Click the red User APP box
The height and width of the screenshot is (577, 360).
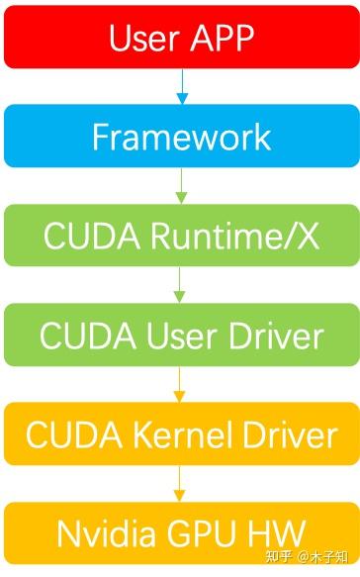(x=180, y=37)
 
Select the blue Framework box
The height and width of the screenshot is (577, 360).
(x=180, y=136)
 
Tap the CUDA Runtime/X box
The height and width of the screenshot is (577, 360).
(x=180, y=236)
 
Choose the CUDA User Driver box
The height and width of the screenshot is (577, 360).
(x=180, y=336)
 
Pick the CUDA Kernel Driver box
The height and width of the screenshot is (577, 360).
(x=180, y=433)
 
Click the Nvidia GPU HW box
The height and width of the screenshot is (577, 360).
(x=180, y=533)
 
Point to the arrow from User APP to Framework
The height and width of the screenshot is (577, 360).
(x=181, y=86)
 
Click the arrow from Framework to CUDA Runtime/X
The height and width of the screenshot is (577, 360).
(x=181, y=185)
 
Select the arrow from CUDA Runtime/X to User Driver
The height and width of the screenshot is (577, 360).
(x=181, y=285)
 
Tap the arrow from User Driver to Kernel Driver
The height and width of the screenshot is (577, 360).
(x=181, y=384)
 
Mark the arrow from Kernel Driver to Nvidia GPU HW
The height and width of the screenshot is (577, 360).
(x=181, y=484)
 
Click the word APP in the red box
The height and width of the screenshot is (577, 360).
(x=220, y=38)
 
